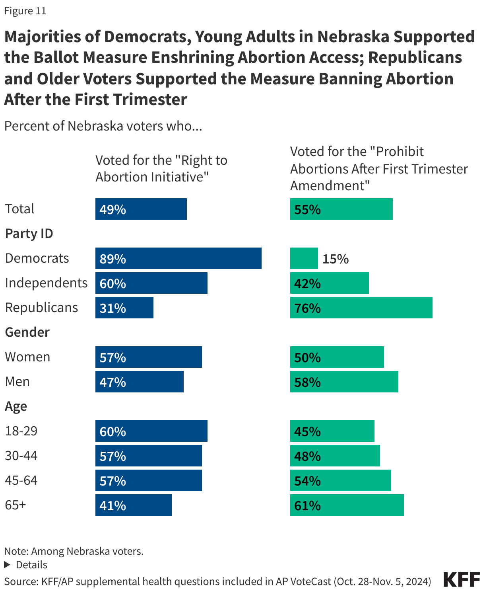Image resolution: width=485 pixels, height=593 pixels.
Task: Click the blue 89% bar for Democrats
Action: pos(178,258)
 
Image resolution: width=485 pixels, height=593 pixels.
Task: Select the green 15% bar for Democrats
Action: pos(304,258)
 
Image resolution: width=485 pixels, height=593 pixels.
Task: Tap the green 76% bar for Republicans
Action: pos(361,308)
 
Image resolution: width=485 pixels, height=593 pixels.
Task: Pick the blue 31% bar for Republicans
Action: pos(124,308)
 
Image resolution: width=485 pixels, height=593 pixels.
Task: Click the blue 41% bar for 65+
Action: pos(133,505)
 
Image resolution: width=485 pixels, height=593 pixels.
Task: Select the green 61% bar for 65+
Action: pos(347,505)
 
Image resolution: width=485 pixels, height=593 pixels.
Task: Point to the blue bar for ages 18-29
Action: pos(151,431)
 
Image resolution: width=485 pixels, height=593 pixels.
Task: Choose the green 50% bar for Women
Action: pos(337,357)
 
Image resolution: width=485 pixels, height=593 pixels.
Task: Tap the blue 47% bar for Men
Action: pos(139,382)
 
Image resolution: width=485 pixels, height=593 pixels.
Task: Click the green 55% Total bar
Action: pos(341,209)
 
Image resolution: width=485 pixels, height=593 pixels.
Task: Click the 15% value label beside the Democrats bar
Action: pos(335,259)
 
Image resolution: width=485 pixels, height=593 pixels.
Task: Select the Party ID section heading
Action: pos(29,234)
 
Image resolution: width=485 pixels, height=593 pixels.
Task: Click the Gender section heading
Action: pos(27,332)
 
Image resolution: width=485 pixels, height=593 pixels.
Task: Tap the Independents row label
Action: pos(46,283)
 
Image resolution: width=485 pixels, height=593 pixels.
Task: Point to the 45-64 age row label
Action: pos(21,480)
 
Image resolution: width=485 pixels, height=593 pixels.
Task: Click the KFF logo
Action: pos(462,580)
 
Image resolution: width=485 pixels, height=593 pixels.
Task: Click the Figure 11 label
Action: pos(25,11)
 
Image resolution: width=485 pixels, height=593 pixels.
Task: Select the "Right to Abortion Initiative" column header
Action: pos(161,168)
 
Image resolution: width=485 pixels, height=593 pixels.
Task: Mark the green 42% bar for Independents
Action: pos(329,283)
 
